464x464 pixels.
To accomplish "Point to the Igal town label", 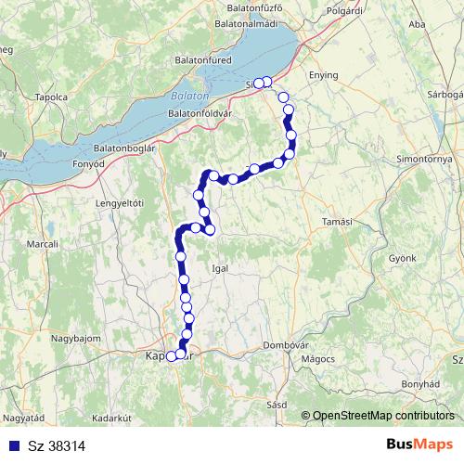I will click(x=220, y=267).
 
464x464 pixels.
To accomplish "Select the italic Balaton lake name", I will click(x=189, y=96).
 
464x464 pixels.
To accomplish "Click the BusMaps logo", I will click(x=419, y=445).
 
